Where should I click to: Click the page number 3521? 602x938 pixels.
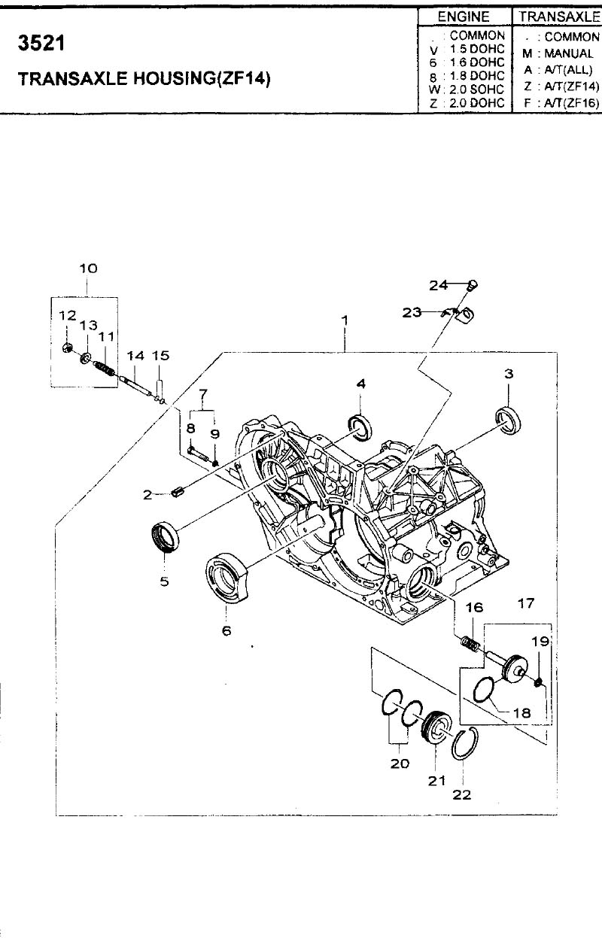point(41,43)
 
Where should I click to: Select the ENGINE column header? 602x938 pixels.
point(464,17)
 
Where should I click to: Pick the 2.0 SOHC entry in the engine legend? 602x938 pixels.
point(477,90)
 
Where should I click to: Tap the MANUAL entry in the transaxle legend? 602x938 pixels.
point(568,53)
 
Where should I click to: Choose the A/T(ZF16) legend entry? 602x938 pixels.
point(571,102)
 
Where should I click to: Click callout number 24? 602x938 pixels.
point(438,286)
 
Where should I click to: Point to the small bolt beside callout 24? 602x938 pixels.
point(472,286)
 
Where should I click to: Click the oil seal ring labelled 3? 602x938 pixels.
point(508,420)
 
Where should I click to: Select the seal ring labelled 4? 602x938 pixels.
point(360,427)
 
